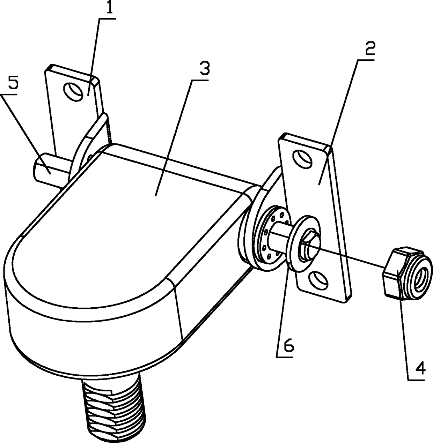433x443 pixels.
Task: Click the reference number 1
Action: (x=110, y=7)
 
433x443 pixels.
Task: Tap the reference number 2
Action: (x=369, y=50)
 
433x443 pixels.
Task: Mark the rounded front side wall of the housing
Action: (x=87, y=335)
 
